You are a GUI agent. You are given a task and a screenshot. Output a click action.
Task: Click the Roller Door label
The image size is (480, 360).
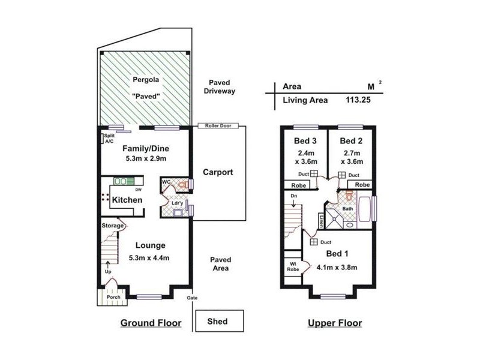point(217,126)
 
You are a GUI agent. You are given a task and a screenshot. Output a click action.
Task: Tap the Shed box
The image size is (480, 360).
point(217,322)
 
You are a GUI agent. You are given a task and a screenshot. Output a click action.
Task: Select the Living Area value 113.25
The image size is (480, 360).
point(358,100)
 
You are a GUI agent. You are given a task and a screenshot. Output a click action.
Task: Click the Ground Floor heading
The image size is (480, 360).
point(151,323)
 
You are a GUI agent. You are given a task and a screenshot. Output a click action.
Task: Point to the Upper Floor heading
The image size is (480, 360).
point(334,323)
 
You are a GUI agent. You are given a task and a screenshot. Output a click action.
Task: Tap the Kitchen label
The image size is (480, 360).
point(127,200)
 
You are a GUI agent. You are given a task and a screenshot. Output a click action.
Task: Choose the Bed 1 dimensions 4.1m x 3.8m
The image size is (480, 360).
point(334,268)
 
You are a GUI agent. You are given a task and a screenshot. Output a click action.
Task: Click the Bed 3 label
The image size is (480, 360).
point(304,141)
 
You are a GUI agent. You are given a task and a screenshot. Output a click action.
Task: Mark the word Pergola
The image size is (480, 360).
point(144,80)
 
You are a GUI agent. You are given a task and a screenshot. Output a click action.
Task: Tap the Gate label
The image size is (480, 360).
point(193,298)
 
